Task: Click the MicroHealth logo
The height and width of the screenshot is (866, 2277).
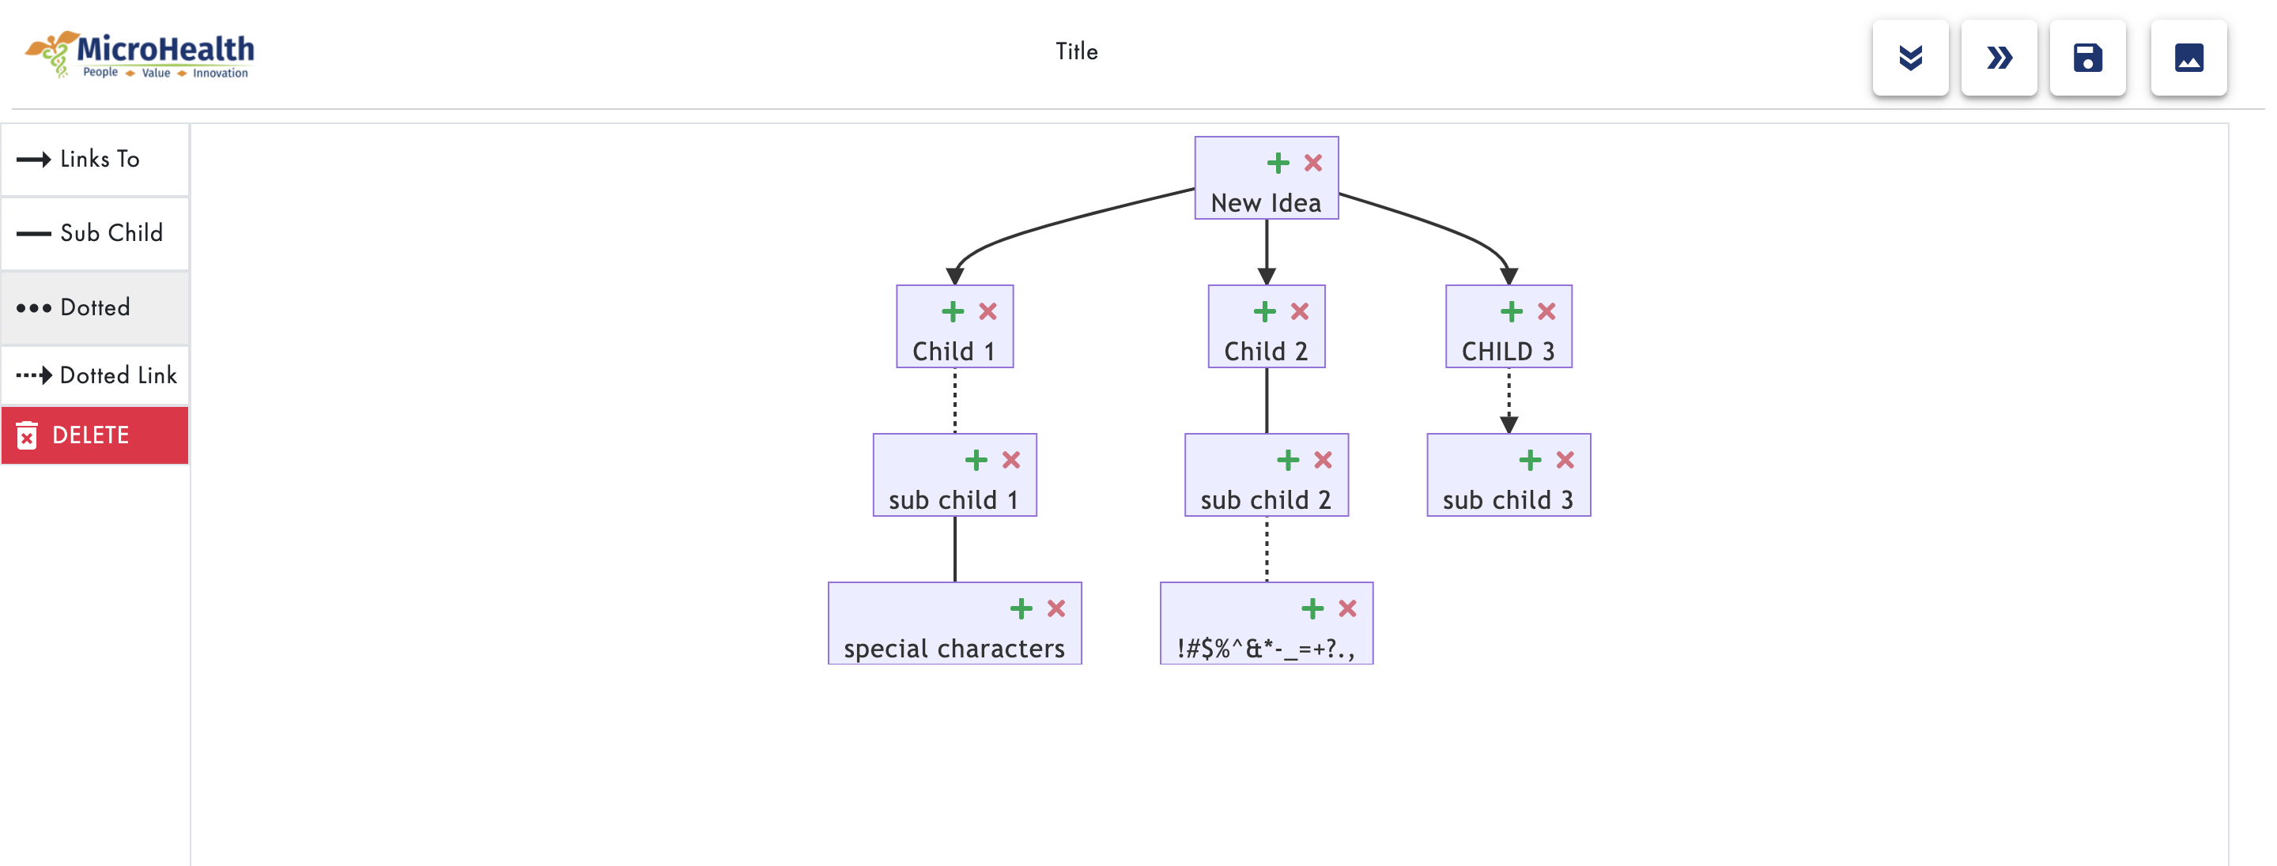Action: [x=140, y=55]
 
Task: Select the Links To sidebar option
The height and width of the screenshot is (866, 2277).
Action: [x=96, y=159]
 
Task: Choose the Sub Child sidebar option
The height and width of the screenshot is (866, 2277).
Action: [x=96, y=233]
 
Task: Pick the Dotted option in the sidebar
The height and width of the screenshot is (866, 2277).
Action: [x=96, y=307]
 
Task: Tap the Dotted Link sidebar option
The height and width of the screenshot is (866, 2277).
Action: [x=96, y=375]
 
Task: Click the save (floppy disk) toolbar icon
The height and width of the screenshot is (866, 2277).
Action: [x=2087, y=58]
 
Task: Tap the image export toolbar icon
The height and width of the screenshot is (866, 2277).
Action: [x=2188, y=58]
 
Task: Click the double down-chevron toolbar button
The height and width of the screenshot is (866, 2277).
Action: [x=1910, y=58]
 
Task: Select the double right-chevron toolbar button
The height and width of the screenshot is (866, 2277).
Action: [x=1999, y=58]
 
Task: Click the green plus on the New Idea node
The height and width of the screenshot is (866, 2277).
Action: [x=1278, y=164]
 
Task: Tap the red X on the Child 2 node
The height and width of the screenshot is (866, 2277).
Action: [x=1299, y=312]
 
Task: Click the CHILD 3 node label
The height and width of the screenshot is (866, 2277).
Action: [x=1508, y=352]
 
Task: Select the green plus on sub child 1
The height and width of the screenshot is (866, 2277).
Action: [x=976, y=461]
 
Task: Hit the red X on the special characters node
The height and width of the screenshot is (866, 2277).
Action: [x=1056, y=609]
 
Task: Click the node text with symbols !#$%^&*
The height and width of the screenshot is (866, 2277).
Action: [x=1266, y=649]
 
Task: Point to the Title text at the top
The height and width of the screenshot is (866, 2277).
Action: [x=1076, y=51]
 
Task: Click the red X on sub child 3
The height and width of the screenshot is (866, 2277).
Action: [x=1565, y=461]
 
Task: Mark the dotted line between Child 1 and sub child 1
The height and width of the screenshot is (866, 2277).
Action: [x=954, y=401]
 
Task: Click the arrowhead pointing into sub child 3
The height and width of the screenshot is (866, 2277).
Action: [x=1509, y=425]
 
